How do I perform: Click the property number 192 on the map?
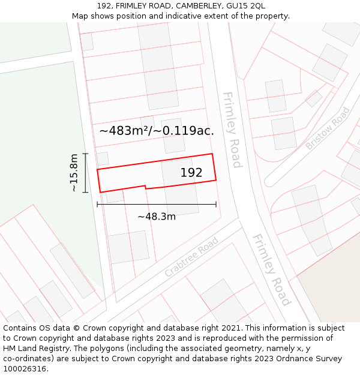(x=191, y=173)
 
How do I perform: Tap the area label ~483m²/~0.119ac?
(x=156, y=130)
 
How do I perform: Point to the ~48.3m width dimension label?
(x=157, y=217)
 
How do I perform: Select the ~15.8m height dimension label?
(x=74, y=173)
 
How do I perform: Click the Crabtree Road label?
(x=191, y=257)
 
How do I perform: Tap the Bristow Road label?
(x=328, y=128)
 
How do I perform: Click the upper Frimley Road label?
(x=232, y=130)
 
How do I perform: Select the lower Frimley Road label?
(x=271, y=269)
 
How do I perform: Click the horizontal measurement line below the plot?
(x=157, y=205)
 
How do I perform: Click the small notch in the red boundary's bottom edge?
(x=146, y=187)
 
